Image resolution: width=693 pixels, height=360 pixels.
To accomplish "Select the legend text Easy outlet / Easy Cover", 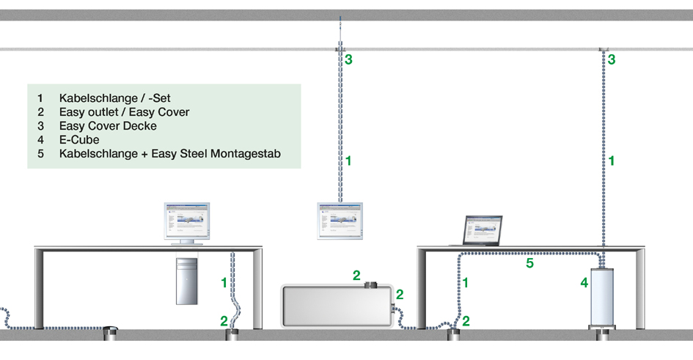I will [124, 111].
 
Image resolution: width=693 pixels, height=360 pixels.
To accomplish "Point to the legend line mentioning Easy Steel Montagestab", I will [169, 154].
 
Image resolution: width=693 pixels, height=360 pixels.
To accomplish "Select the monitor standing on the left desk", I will [186, 222].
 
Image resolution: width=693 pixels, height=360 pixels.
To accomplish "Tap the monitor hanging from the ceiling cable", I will [340, 221].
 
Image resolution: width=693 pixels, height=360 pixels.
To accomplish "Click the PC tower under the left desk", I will [186, 280].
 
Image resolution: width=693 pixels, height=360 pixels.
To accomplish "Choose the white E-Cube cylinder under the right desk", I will [605, 297].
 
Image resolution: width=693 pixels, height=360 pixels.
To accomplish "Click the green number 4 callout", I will [584, 282].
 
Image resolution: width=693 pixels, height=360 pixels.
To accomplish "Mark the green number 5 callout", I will [529, 262].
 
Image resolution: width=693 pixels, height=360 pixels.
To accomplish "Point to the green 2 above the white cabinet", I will [356, 275].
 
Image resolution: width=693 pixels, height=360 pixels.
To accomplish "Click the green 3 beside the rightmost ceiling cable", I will [611, 59].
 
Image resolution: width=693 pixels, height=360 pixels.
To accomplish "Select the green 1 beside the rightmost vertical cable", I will [611, 160].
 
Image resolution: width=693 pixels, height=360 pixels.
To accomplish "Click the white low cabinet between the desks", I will [337, 306].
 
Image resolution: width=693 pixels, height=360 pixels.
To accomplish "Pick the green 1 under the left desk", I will [224, 282].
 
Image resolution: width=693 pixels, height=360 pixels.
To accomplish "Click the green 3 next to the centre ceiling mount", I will [348, 59].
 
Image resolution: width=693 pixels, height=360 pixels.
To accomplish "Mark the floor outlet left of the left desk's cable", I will [111, 334].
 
